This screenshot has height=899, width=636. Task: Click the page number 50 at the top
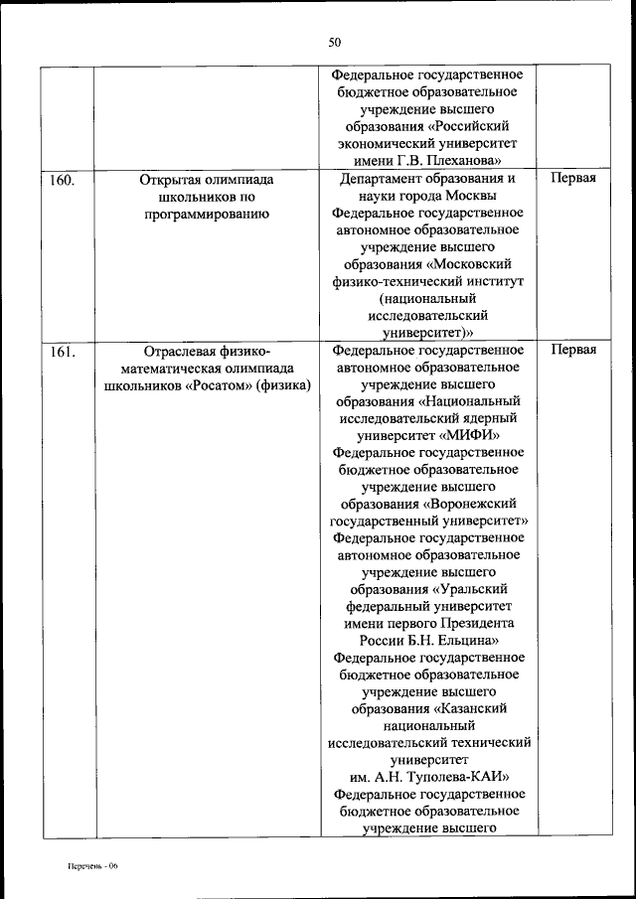pos(334,41)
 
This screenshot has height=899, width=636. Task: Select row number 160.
pos(63,180)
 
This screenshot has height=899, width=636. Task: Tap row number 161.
pos(63,351)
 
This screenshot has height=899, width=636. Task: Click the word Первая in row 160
pos(573,180)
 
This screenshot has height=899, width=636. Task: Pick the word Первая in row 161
pos(573,351)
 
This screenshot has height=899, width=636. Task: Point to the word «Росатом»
pos(230,384)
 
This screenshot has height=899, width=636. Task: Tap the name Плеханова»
pos(465,161)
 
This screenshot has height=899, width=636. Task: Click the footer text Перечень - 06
pos(86,866)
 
